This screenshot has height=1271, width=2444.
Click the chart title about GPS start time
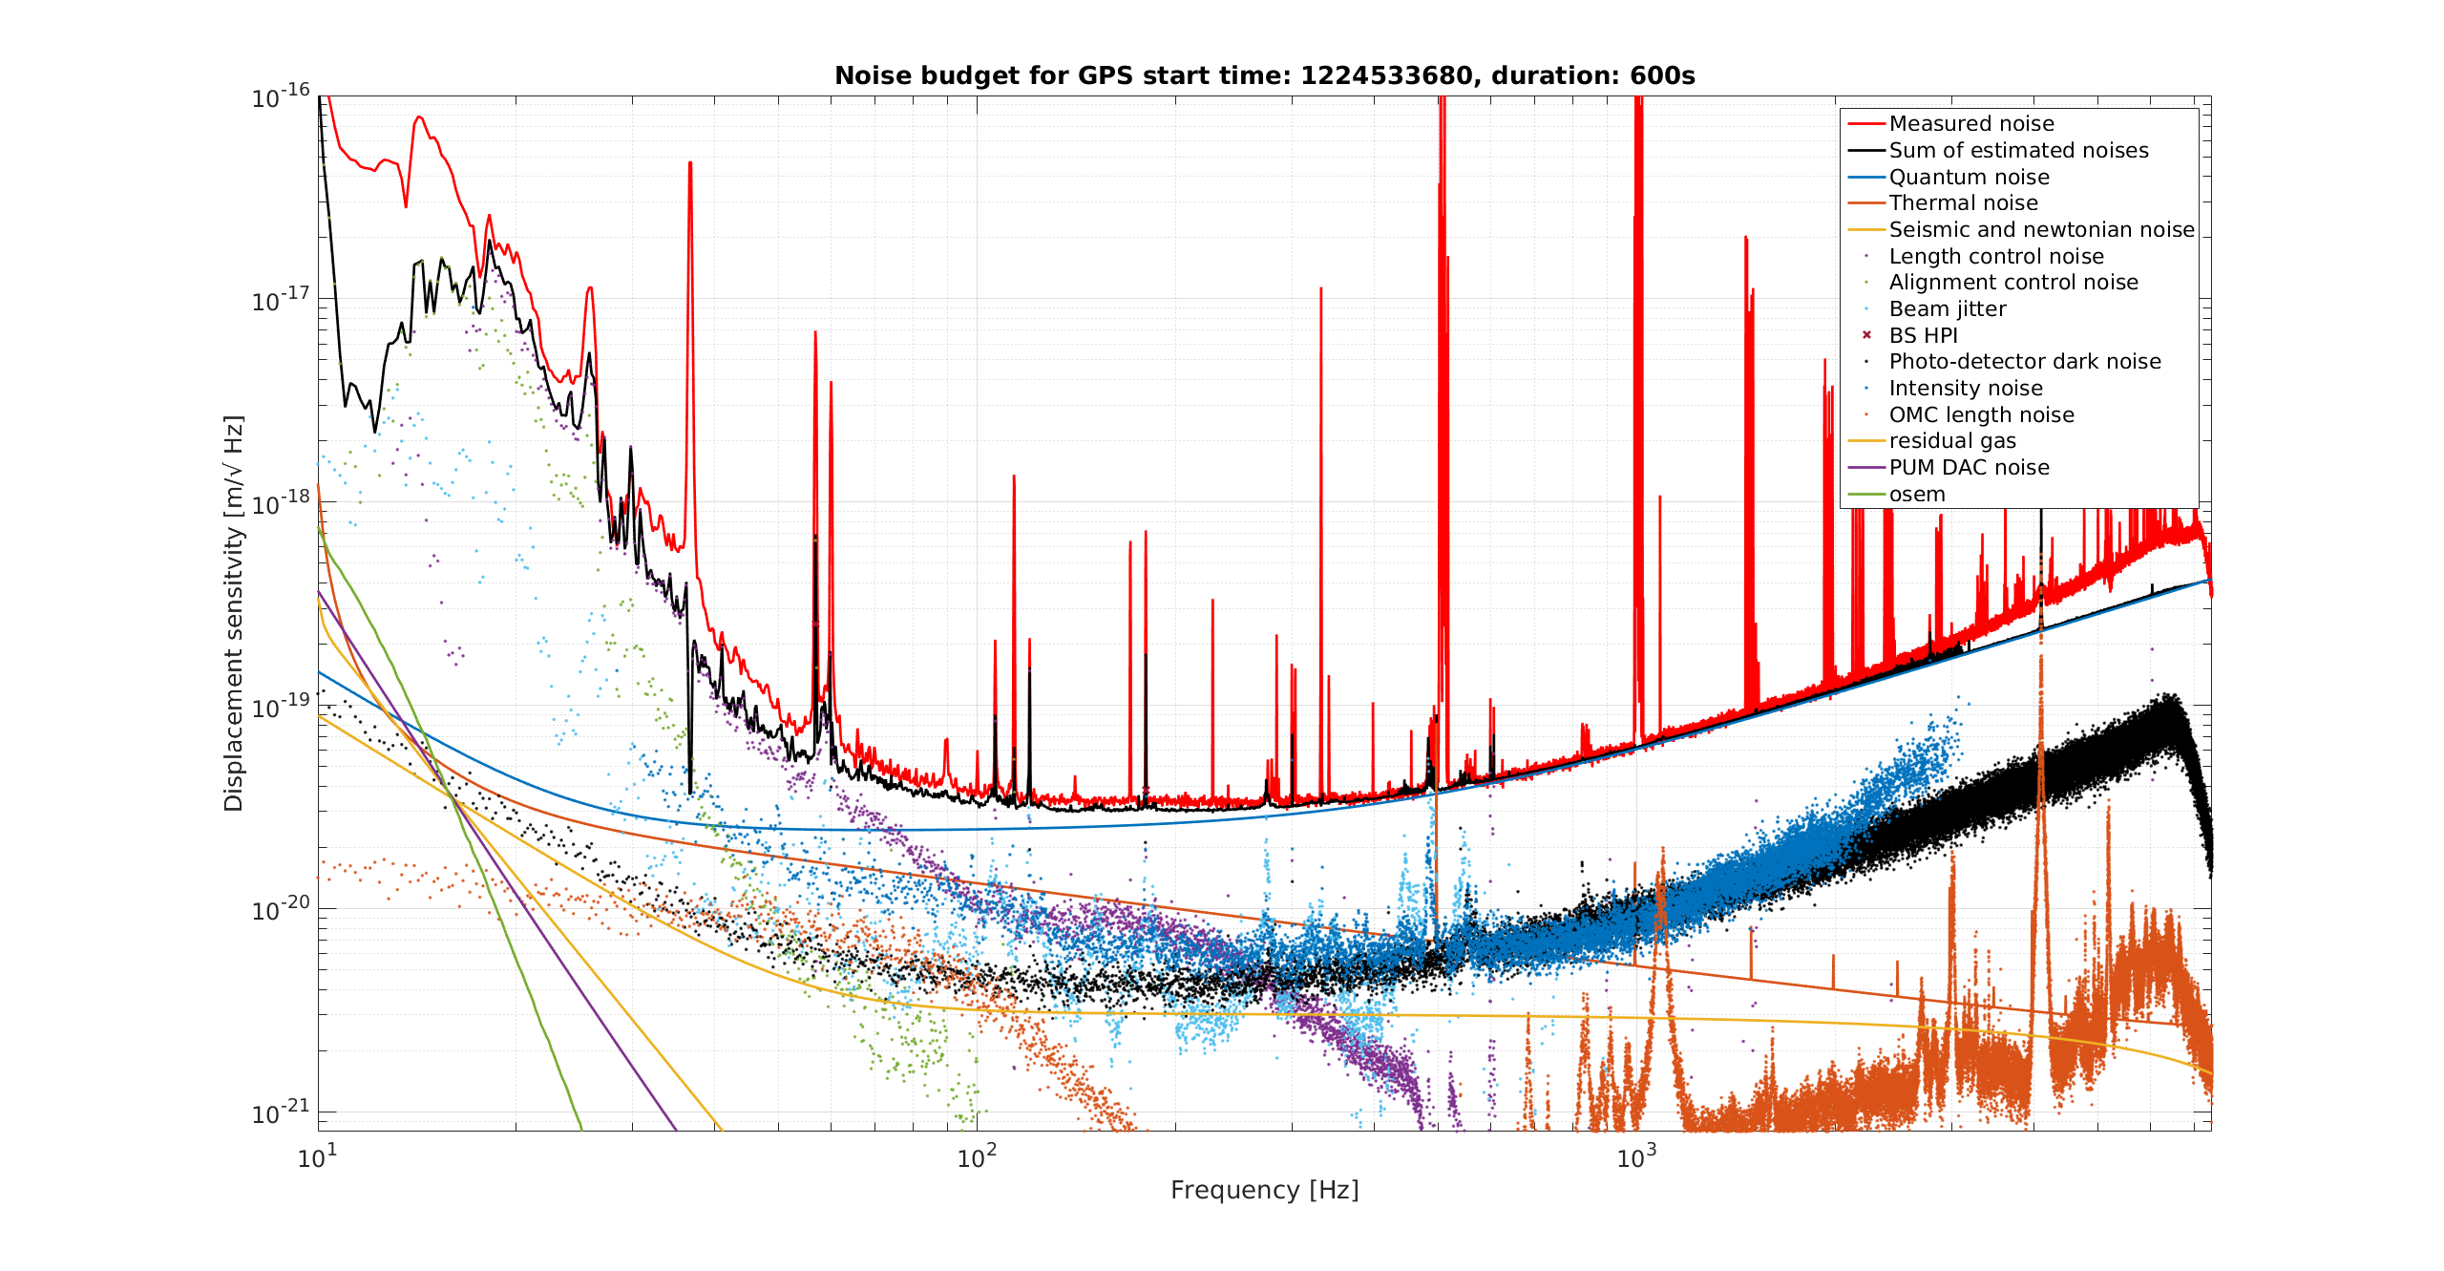pyautogui.click(x=1265, y=75)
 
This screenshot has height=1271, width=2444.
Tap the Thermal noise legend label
pyautogui.click(x=1964, y=203)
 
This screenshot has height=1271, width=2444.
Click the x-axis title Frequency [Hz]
pyautogui.click(x=1265, y=1190)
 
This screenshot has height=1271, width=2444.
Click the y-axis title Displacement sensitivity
pyautogui.click(x=234, y=613)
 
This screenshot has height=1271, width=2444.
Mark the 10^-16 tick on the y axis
pyautogui.click(x=281, y=96)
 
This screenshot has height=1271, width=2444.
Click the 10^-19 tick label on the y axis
pyautogui.click(x=281, y=707)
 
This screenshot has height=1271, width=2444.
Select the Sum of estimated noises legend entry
pyautogui.click(x=1998, y=151)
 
